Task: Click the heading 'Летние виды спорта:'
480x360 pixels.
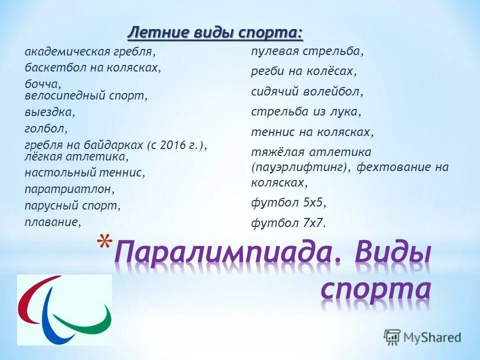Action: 215,33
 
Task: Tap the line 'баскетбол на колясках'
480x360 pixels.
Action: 92,67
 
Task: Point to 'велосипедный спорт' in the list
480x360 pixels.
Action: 86,95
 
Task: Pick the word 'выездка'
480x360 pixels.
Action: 49,112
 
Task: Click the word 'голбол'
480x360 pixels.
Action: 45,128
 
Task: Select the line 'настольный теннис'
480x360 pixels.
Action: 85,173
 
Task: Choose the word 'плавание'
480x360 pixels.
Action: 52,221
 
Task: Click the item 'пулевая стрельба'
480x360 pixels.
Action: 307,51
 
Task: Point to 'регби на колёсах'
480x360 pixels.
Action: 304,71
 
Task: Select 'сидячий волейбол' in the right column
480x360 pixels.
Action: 307,92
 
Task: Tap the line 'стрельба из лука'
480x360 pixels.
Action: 305,112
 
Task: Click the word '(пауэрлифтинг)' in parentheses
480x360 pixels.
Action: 301,167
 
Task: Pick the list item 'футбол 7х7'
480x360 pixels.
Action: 288,223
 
